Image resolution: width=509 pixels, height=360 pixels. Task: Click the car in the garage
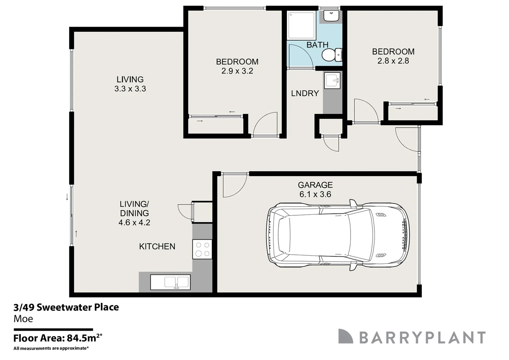pyautogui.click(x=339, y=235)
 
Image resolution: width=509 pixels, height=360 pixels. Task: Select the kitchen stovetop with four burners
pyautogui.click(x=202, y=249)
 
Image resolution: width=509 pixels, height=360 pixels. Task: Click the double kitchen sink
pyautogui.click(x=170, y=282)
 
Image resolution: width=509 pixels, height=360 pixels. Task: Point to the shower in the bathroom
pyautogui.click(x=302, y=25)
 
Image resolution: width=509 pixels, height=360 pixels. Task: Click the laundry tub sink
pyautogui.click(x=332, y=81)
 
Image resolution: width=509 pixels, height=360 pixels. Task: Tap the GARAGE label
pyautogui.click(x=315, y=185)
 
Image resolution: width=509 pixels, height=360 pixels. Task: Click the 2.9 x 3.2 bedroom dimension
pyautogui.click(x=237, y=71)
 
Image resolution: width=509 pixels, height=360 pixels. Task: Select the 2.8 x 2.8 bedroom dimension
pyautogui.click(x=393, y=61)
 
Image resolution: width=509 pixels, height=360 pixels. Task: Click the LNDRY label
pyautogui.click(x=305, y=93)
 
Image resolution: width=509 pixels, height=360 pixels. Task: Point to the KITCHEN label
pyautogui.click(x=157, y=246)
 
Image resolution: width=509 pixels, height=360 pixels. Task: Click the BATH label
pyautogui.click(x=317, y=45)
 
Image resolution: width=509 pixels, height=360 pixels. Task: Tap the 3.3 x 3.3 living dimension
pyautogui.click(x=130, y=89)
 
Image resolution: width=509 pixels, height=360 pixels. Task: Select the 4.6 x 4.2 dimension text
pyautogui.click(x=134, y=222)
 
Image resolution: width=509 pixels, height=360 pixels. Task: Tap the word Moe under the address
pyautogui.click(x=23, y=319)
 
